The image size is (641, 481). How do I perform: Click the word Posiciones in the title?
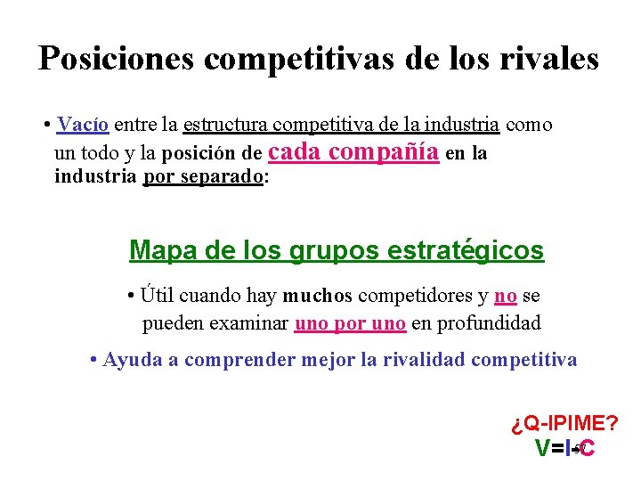[x=117, y=59]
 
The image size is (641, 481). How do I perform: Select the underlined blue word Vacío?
[x=81, y=124]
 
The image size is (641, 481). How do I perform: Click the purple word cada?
[x=294, y=151]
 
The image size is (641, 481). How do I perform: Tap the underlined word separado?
[x=223, y=176]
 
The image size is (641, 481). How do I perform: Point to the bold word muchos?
[x=318, y=296]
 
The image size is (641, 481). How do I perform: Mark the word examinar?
[x=250, y=322]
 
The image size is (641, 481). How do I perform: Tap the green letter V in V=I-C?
[x=542, y=449]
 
